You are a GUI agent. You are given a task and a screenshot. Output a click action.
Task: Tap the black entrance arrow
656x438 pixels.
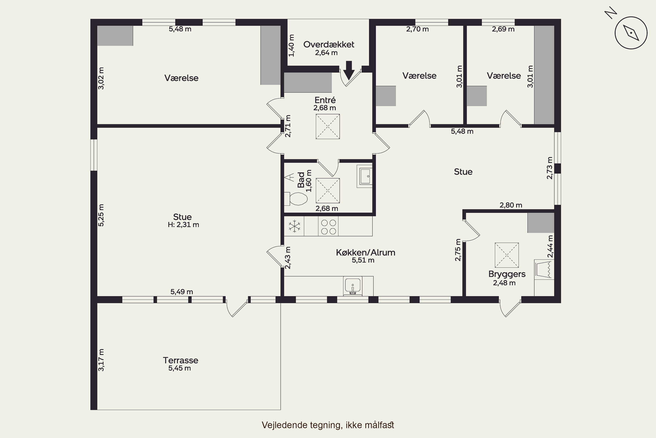pos(349,70)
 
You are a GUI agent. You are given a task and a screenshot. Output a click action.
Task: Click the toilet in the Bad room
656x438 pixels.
pos(296,199)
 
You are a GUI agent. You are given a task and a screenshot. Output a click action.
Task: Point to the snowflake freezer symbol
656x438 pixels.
pos(295,226)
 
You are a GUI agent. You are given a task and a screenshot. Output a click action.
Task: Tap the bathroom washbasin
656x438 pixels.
pos(365,176)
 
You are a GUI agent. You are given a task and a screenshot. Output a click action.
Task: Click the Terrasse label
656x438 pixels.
pos(180,360)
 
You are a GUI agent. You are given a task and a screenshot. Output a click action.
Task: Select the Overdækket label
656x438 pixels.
pos(329,44)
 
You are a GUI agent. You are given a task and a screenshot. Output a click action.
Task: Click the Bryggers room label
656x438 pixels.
pos(507,274)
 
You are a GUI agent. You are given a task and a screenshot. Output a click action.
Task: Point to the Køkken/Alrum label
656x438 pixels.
pos(365,253)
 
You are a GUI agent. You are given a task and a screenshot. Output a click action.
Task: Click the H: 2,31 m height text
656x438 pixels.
pos(183,225)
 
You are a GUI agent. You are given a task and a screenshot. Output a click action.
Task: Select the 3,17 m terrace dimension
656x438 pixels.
pos(101,360)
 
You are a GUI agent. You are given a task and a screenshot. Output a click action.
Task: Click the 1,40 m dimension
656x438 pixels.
pos(291,46)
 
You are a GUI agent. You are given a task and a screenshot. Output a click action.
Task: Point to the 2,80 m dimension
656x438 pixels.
pos(511,205)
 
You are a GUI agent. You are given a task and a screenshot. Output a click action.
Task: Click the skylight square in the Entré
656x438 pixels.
pos(328,127)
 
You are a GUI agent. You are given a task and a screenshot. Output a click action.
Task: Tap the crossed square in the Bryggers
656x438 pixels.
pos(507,255)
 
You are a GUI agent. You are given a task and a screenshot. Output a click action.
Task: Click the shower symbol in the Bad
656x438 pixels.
pos(328,191)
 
